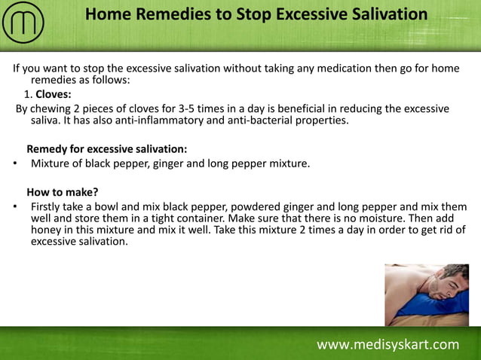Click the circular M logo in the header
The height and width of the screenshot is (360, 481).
coord(23,23)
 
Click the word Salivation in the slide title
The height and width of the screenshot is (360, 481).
coord(378,14)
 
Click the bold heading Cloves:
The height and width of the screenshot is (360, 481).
coord(54,95)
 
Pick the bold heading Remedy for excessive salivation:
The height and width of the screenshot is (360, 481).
coord(107,149)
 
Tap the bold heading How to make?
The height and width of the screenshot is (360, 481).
coord(63,191)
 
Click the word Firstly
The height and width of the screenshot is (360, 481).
coord(48,206)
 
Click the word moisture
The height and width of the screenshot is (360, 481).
coord(360,218)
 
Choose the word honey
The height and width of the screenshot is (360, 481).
coord(47,230)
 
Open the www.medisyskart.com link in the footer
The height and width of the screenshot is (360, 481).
coord(388,344)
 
